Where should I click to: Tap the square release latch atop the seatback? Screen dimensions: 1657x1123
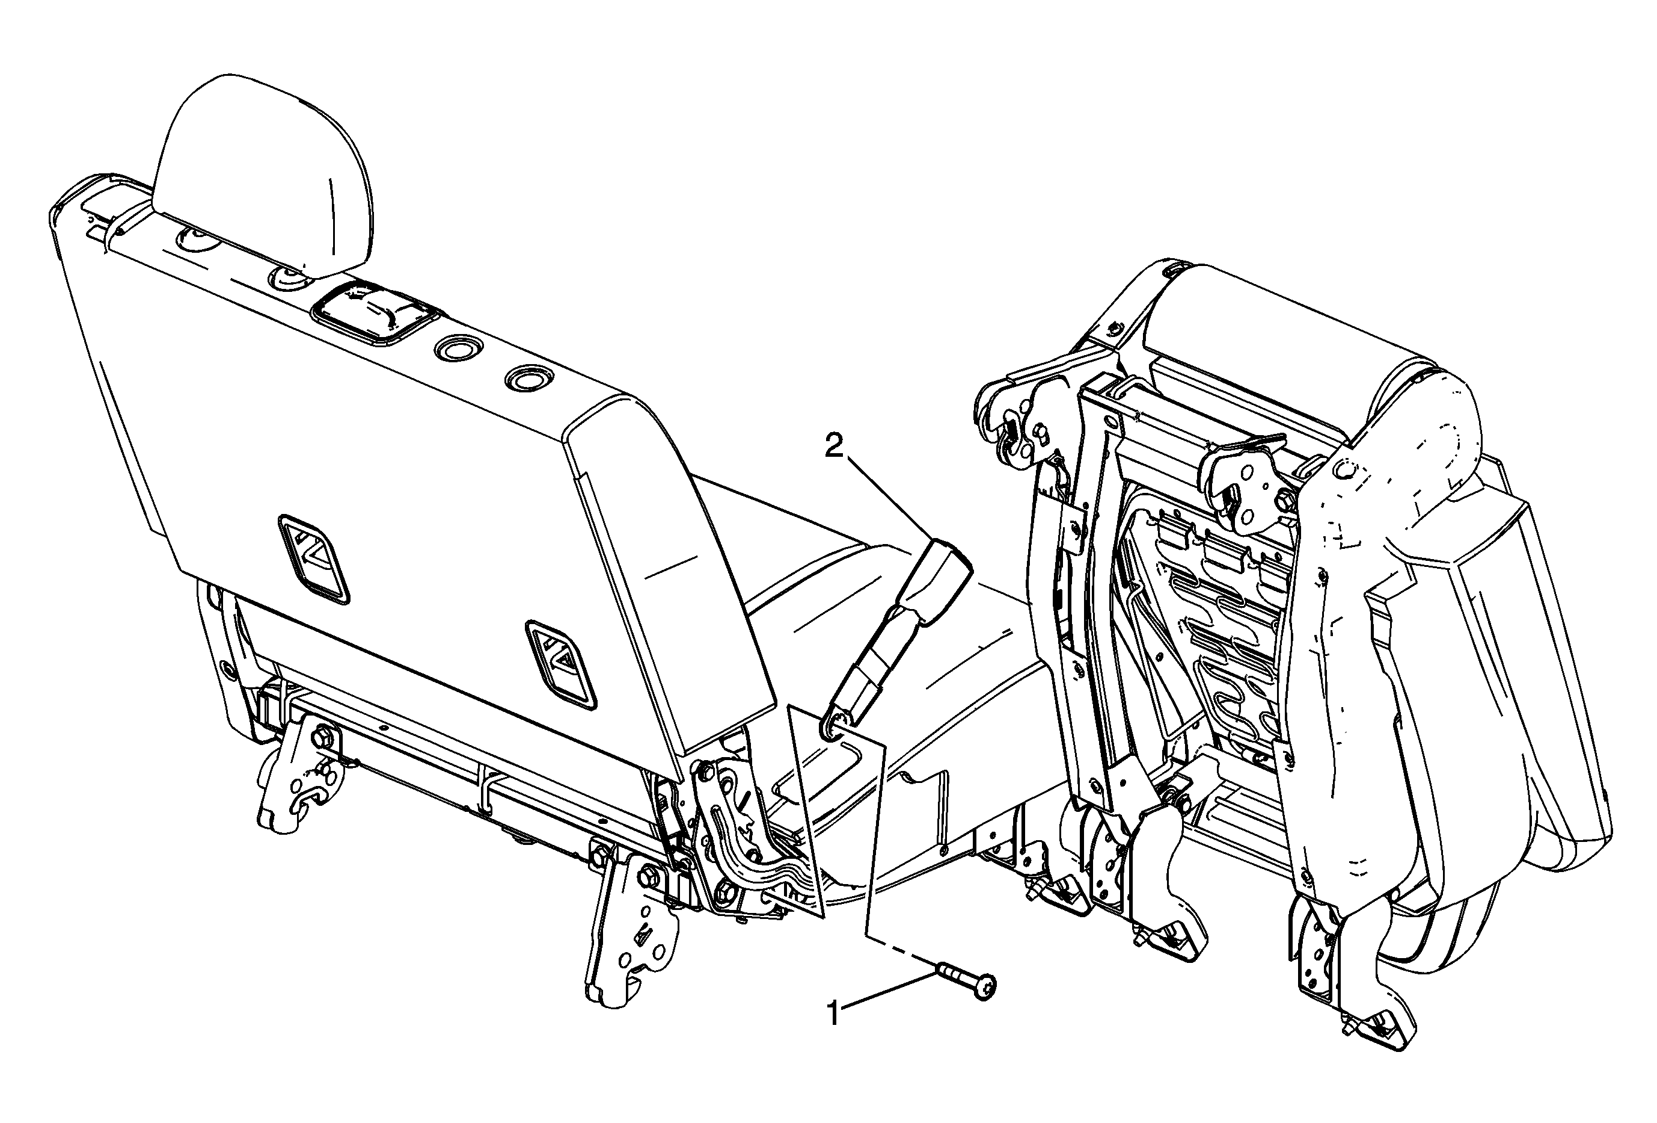373,315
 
